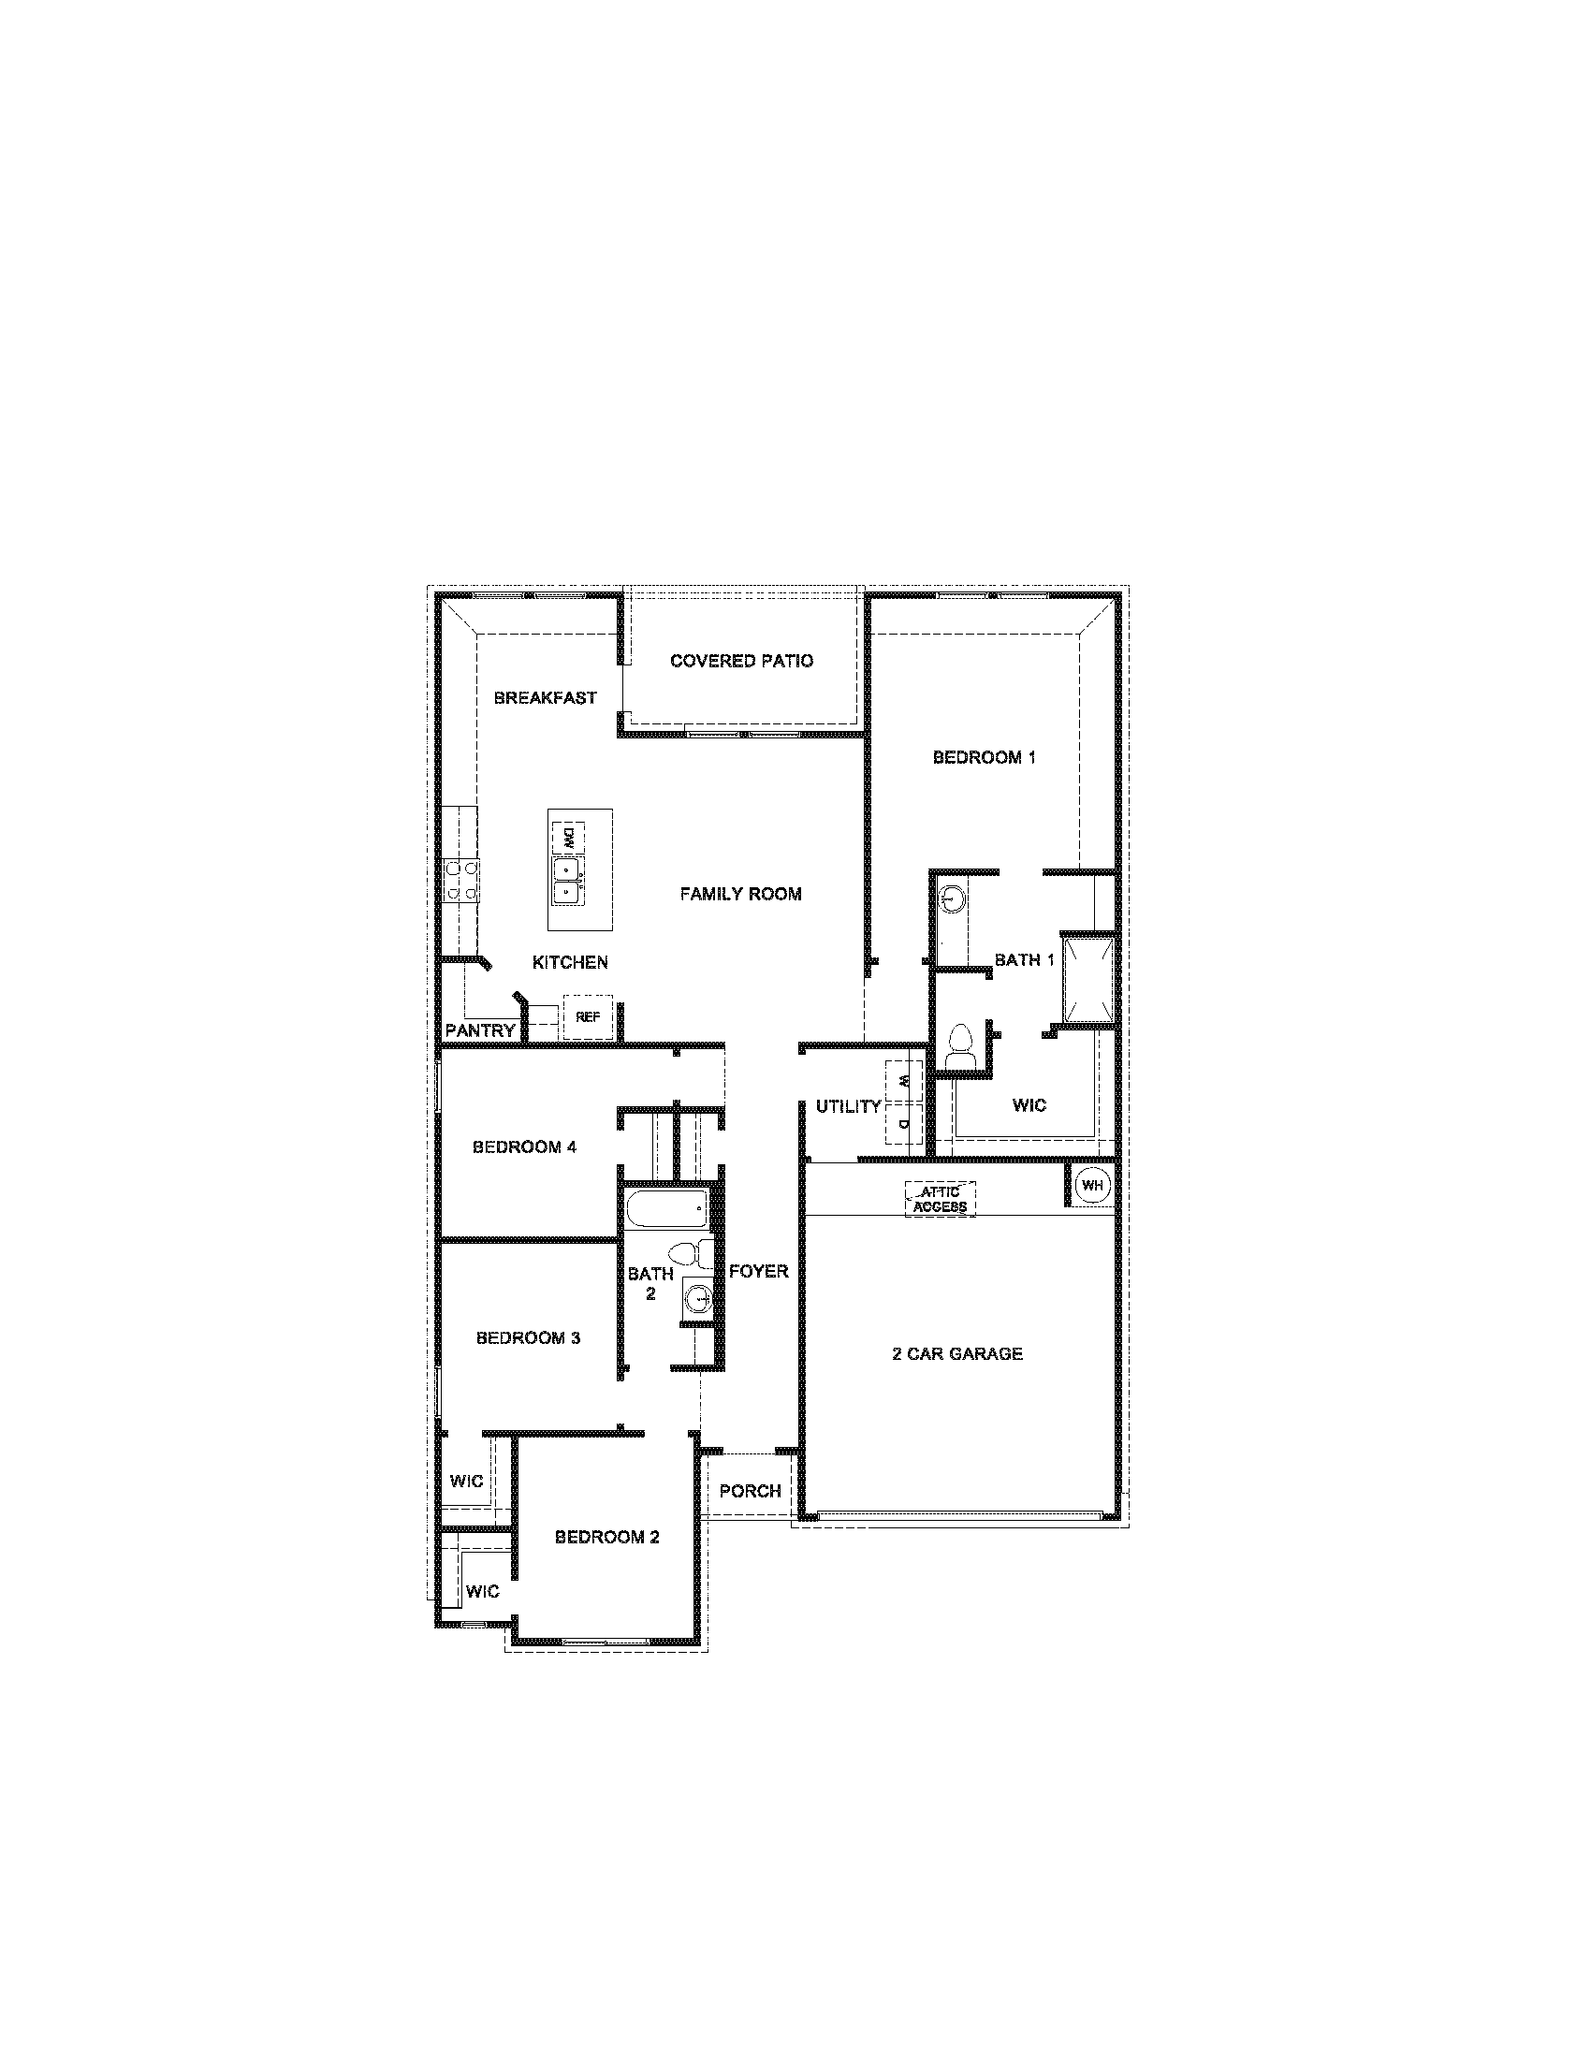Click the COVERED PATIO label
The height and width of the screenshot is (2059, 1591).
[x=741, y=661]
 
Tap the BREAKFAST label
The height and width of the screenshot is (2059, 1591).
[x=545, y=698]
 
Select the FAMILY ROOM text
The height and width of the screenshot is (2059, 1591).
[x=741, y=894]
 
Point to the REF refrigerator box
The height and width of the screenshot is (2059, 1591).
[x=588, y=1017]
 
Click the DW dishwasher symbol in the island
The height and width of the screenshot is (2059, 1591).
[x=568, y=835]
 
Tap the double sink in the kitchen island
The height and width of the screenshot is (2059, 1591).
[x=565, y=879]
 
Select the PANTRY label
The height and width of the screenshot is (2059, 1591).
[x=480, y=1030]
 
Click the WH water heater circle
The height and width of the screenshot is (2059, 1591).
[x=1092, y=1185]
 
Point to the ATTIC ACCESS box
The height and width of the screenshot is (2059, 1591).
[x=940, y=1199]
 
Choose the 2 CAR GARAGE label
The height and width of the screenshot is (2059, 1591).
[x=956, y=1354]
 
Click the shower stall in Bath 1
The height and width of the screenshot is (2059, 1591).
[x=1088, y=978]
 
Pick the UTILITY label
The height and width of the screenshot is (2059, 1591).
[x=848, y=1107]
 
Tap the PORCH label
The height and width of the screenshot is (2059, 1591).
[x=750, y=1491]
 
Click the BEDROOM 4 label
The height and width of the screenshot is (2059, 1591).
[x=524, y=1147]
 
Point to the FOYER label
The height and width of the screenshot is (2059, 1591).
[x=758, y=1272]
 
